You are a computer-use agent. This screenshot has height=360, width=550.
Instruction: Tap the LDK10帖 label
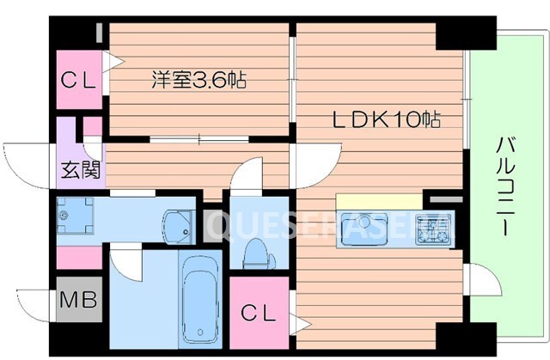[386, 120]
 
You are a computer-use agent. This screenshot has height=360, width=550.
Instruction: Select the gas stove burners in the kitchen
[432, 229]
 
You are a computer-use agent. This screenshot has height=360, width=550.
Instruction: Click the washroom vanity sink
[177, 223]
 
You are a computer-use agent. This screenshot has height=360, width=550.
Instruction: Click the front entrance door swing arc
[26, 163]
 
